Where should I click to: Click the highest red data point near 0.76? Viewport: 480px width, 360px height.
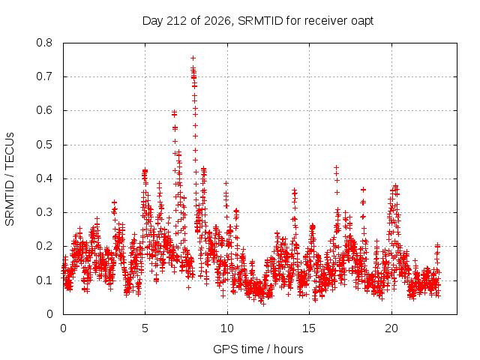(x=193, y=58)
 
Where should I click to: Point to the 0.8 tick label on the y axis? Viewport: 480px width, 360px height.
(x=44, y=43)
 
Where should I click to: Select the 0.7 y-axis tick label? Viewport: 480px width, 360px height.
(x=44, y=76)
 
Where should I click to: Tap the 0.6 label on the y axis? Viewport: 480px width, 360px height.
(x=44, y=110)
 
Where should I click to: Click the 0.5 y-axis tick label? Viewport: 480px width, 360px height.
(x=44, y=145)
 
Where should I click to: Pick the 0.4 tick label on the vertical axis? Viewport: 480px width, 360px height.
(x=44, y=178)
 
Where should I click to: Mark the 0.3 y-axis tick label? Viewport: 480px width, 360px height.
(x=44, y=212)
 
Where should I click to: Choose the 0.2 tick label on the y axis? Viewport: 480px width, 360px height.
(x=44, y=247)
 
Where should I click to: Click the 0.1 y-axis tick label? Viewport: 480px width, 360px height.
(x=44, y=280)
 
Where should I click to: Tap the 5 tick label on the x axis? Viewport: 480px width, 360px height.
(x=145, y=328)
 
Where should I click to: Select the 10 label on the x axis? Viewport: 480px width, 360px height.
(x=227, y=328)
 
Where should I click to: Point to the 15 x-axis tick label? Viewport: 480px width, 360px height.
(x=309, y=328)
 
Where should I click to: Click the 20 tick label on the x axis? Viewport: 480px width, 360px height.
(x=391, y=328)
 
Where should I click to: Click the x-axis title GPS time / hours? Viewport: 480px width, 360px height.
(x=258, y=349)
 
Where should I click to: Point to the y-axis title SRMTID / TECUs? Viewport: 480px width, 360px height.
(x=10, y=179)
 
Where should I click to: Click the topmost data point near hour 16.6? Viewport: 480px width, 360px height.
(x=337, y=167)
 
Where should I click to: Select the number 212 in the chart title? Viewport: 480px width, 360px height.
(x=176, y=21)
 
